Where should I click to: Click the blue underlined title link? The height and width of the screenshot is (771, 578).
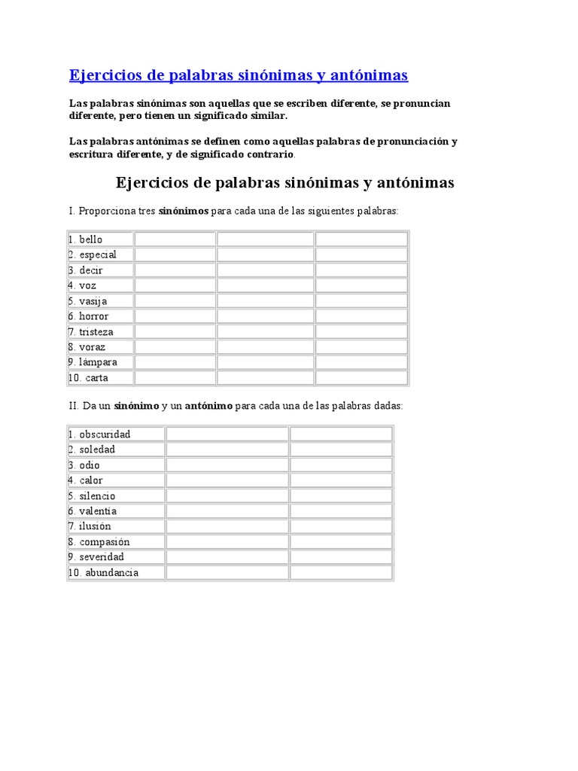click(239, 75)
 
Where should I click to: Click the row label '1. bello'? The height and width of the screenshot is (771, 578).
click(85, 239)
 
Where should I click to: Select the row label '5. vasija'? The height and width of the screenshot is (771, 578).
click(87, 301)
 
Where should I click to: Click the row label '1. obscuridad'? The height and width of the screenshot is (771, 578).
click(99, 434)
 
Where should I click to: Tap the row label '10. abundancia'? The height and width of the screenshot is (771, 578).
click(104, 572)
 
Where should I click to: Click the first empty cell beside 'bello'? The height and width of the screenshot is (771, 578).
click(175, 239)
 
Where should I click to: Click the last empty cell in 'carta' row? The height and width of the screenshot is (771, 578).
click(361, 378)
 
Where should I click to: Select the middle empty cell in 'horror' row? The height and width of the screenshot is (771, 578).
click(265, 316)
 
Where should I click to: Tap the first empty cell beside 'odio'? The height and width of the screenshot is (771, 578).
click(227, 465)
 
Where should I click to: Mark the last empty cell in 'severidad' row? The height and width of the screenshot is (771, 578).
click(341, 557)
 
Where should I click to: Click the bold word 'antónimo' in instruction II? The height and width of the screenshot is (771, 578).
click(208, 406)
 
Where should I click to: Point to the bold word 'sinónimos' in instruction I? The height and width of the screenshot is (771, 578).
click(183, 212)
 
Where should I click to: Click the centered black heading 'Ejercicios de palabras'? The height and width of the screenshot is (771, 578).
click(284, 183)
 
